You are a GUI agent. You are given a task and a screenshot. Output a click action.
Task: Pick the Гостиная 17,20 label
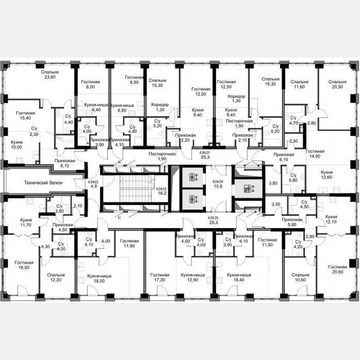pos(160,278)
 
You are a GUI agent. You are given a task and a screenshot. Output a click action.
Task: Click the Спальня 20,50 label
pos(337,84)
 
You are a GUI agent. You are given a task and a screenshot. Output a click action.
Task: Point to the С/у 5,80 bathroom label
pos(293,178)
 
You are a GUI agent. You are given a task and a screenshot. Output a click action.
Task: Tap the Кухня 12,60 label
pos(327,175)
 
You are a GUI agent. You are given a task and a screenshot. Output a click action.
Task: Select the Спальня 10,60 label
pos(300,278)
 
